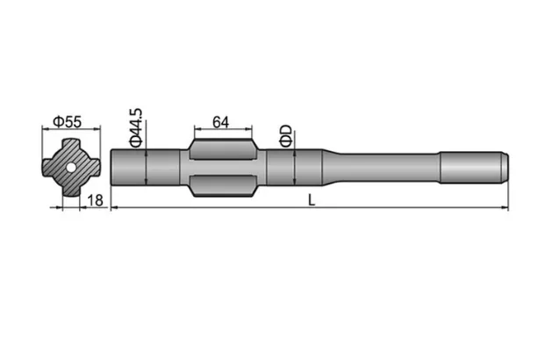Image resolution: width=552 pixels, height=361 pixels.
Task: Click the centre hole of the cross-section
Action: [69, 167]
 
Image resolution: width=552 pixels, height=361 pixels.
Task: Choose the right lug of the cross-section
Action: [93, 167]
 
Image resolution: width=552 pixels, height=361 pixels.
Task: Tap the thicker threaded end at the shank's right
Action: [474, 166]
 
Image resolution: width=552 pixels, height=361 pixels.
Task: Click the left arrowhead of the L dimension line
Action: [115, 207]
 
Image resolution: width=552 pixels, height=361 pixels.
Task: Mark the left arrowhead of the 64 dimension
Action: [193, 129]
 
